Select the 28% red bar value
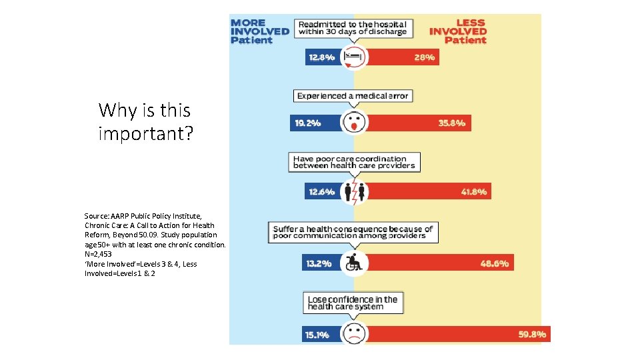click(x=424, y=58)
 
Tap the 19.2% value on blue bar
click(x=307, y=123)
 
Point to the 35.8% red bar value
click(x=451, y=123)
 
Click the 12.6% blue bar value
click(x=322, y=192)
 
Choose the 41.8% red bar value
click(x=474, y=192)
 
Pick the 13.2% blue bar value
click(x=319, y=263)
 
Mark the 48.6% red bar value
click(x=495, y=263)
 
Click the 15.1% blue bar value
click(x=317, y=335)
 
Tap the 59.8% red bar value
click(x=532, y=334)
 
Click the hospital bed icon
click(x=353, y=58)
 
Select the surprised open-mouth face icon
click(x=353, y=123)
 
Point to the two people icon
click(x=353, y=192)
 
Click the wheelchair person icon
click(x=353, y=262)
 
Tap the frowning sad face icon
click(x=353, y=333)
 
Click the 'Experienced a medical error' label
click(x=353, y=96)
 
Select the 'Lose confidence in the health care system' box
click(x=353, y=303)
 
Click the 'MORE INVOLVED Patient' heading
click(x=259, y=31)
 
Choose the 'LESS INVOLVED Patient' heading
click(x=459, y=31)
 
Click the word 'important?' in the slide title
click(x=145, y=133)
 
